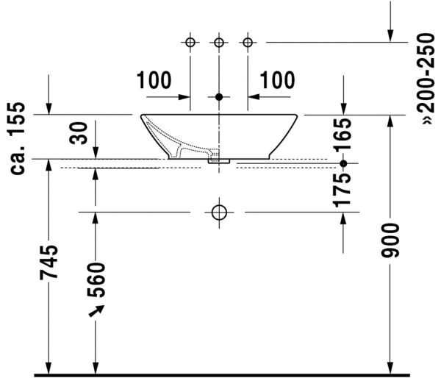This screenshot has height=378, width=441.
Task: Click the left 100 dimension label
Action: [x=154, y=79]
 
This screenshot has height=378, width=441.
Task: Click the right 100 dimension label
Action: [x=278, y=79]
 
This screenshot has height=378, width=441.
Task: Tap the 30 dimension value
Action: [x=82, y=132]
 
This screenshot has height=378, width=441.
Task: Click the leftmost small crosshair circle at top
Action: [x=190, y=42]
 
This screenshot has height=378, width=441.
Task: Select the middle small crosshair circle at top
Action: [x=219, y=42]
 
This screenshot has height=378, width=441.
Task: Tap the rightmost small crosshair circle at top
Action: [x=248, y=42]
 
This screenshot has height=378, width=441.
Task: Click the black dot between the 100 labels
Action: [x=219, y=96]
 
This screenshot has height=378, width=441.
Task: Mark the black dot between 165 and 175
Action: [x=343, y=163]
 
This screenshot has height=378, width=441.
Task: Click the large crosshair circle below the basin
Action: [x=219, y=213]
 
